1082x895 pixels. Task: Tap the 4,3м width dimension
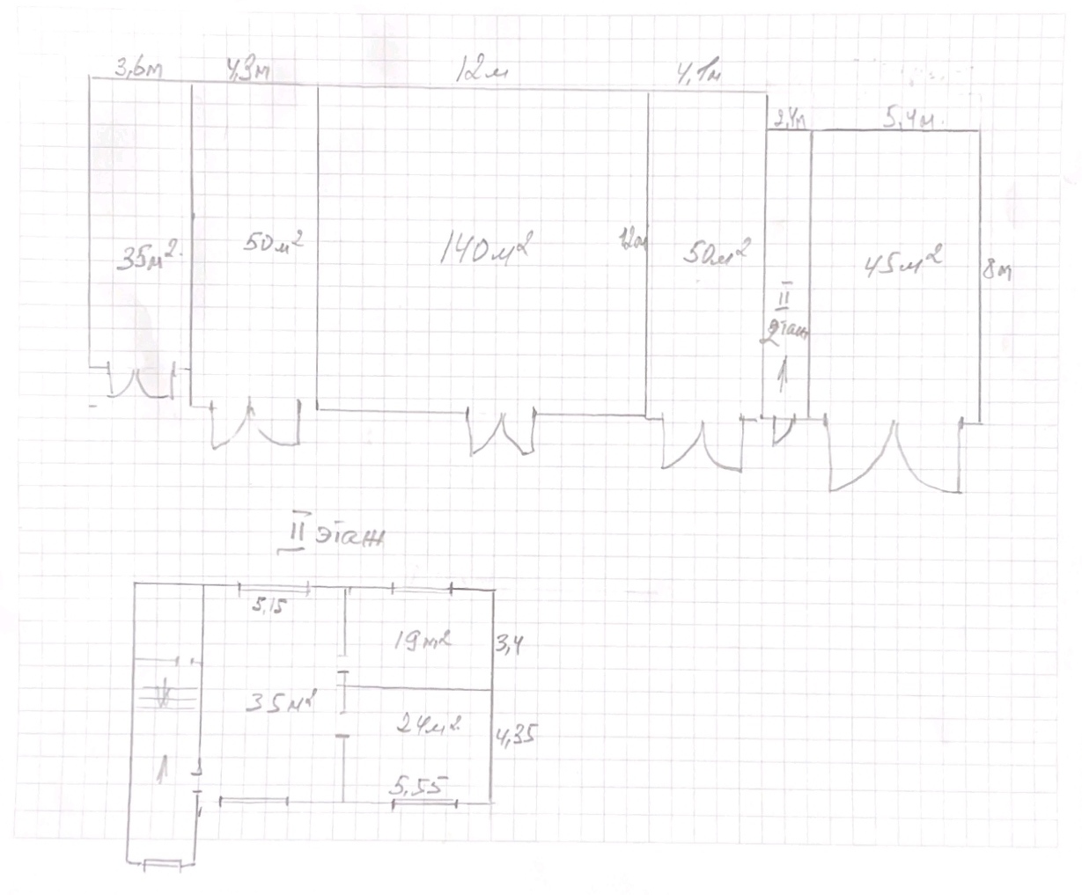coord(248,70)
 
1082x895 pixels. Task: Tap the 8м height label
coord(997,270)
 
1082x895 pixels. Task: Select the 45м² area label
coord(902,262)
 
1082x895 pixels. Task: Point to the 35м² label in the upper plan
coord(149,258)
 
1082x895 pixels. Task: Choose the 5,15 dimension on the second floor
coord(270,605)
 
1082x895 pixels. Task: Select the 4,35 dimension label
coord(518,735)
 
